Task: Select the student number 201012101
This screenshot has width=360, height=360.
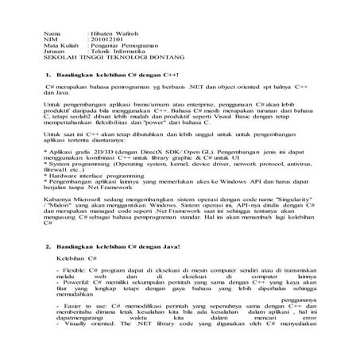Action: (x=103, y=41)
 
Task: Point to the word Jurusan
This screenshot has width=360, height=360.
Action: (x=54, y=52)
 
